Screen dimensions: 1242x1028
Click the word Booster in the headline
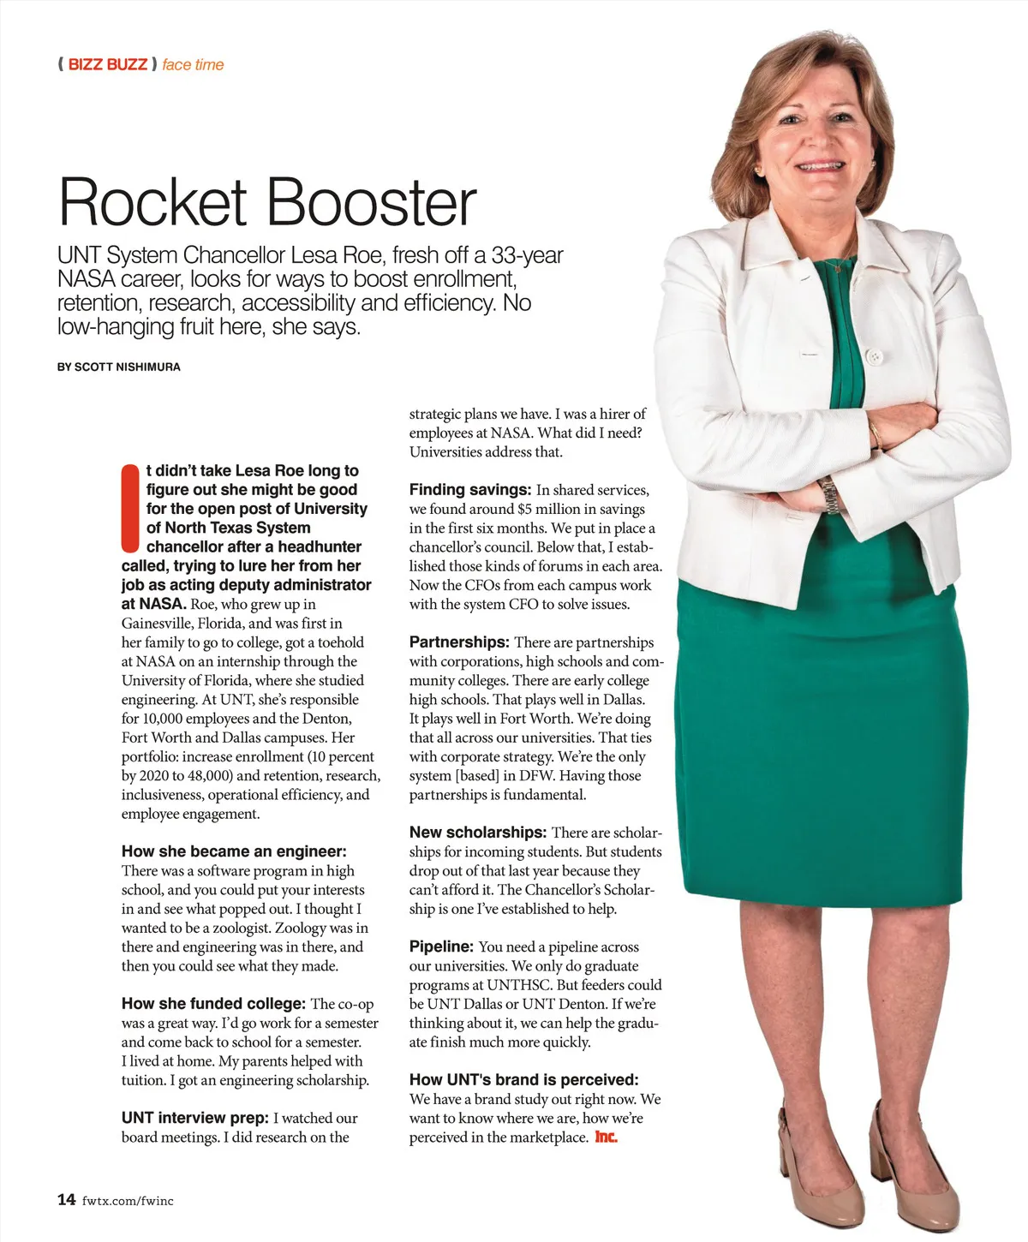371,202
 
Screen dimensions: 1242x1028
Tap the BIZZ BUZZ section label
107,64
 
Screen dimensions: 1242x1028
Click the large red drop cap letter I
130,508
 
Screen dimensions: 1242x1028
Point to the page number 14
66,1199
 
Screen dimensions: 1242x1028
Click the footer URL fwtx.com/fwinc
128,1201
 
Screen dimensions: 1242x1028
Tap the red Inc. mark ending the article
606,1138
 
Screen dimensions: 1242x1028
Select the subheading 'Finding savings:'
470,490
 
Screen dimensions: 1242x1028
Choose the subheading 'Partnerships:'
459,642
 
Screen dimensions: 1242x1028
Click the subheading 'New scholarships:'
478,833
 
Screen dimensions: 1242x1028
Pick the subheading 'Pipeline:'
441,946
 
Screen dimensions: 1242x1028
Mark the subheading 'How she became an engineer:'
234,851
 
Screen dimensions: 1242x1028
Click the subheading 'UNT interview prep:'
196,1118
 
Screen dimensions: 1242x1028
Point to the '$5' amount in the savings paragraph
526,509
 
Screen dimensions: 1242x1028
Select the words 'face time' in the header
193,64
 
